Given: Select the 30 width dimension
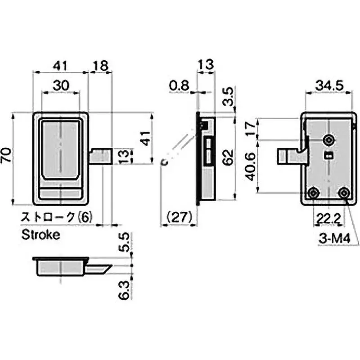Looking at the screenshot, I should click(x=61, y=85).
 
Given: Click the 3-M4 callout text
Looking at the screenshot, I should click(x=334, y=240).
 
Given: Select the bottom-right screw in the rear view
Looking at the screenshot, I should click(x=344, y=193).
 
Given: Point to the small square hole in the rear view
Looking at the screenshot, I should click(x=329, y=156).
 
